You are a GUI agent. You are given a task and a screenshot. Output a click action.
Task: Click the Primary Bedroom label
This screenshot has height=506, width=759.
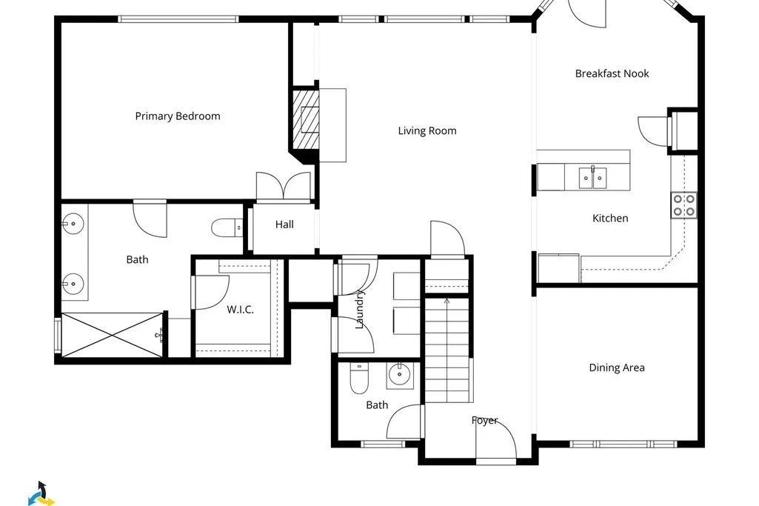pos(178,116)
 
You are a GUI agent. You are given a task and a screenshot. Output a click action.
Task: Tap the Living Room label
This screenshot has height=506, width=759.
pos(427,130)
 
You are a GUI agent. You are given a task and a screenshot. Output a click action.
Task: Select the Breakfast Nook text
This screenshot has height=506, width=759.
pos(612,73)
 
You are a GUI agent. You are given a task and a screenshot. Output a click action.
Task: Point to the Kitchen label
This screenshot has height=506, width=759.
pos(610,219)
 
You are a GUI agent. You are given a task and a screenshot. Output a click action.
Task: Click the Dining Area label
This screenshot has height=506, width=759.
pos(617,367)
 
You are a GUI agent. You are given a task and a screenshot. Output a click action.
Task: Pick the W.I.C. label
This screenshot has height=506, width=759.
pos(240,310)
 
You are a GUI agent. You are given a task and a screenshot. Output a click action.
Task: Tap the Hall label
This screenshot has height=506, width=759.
pos(284,224)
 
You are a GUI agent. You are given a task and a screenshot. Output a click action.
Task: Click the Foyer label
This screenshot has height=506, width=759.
pos(484,420)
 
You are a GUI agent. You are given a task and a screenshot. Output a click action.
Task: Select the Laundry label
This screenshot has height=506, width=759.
pos(360,310)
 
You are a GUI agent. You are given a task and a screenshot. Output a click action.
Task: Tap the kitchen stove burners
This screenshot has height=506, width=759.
pos(683,204)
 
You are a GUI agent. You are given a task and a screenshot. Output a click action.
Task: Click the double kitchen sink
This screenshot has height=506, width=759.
pos(593,178)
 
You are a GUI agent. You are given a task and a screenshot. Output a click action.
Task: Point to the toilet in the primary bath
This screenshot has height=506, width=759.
pos(227,227)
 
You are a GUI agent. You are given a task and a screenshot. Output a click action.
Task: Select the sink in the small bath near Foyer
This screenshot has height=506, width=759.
pos(400,375)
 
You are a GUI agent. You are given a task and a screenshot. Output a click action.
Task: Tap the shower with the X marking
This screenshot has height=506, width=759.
pos(113,335)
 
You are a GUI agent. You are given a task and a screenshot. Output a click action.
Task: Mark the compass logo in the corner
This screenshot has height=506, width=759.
pos(41,493)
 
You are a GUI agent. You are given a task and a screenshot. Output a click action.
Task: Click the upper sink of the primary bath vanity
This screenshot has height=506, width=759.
pos(73,224)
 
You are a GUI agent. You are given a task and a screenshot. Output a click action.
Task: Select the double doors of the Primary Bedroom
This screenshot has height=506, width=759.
pos(283,187)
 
